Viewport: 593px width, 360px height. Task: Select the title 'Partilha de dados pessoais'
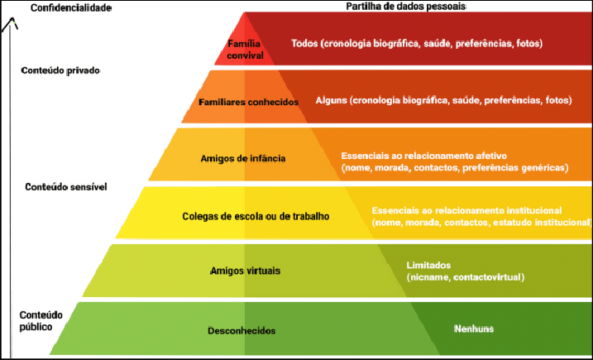pos(405,7)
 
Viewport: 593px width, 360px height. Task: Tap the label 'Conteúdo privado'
pos(60,70)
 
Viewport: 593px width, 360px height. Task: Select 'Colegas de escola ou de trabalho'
pos(256,217)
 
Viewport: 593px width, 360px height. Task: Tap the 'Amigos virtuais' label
pos(245,270)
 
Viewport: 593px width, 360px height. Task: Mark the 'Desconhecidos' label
pos(242,331)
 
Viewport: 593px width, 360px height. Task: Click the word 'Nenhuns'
pos(473,329)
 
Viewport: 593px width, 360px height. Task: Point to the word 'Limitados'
pos(428,265)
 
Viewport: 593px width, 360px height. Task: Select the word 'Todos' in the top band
pos(305,43)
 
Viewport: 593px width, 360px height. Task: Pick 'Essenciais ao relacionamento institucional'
pos(467,211)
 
